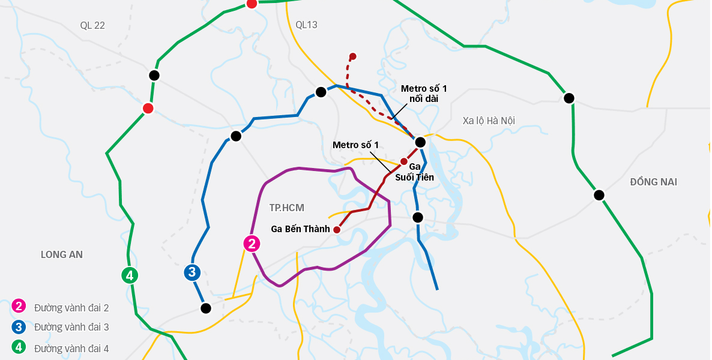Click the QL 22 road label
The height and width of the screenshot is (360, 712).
coord(92,25)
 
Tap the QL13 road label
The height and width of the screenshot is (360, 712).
coord(306,25)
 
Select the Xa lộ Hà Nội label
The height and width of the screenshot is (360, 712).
coord(489,121)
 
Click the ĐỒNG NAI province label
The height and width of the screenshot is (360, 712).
coord(653,182)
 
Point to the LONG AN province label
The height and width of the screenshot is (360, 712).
coord(62,254)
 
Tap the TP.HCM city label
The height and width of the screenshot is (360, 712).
coord(286,208)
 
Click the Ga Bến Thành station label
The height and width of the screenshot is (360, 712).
coord(300,229)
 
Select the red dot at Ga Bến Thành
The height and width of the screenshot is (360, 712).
coord(337,229)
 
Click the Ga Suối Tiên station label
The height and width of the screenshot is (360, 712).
coord(414,172)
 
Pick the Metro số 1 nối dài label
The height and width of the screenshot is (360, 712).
coord(424,94)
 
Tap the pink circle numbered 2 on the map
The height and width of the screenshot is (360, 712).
coord(252,244)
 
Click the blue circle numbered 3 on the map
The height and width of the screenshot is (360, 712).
coord(192,272)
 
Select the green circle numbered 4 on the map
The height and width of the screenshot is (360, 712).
coord(130,275)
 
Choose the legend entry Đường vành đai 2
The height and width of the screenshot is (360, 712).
coord(71,308)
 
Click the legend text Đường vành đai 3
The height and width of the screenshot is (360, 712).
coord(71,328)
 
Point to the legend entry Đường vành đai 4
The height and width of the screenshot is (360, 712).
coord(71,348)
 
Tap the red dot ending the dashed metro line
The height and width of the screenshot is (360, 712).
coord(353,56)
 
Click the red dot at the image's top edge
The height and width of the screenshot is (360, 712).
coord(252,4)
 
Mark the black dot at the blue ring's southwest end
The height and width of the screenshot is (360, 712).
coord(206,308)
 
